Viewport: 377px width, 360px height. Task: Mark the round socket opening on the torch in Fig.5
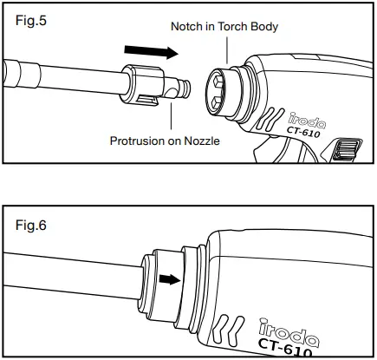(223, 92)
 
